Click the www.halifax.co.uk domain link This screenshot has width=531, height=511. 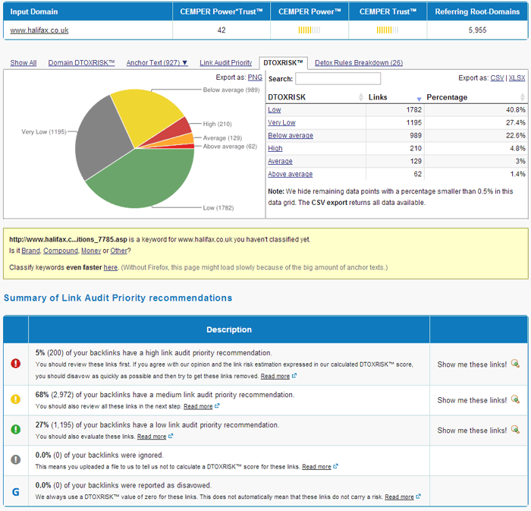coord(39,30)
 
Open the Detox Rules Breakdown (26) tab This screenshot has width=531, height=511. coord(358,63)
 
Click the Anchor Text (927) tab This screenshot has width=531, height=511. coord(157,63)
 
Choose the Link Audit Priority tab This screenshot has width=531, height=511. coord(225,63)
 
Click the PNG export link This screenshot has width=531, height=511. coord(255,77)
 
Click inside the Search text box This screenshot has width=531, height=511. coord(338,79)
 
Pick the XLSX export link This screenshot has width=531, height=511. coord(517,77)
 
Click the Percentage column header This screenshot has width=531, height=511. coord(447,97)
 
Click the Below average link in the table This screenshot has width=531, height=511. coord(290,136)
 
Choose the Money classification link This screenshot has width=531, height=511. coord(90,251)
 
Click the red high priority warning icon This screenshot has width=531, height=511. coord(15,364)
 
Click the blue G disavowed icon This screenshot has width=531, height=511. coord(15,491)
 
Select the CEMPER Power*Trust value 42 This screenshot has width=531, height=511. coord(222,30)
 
